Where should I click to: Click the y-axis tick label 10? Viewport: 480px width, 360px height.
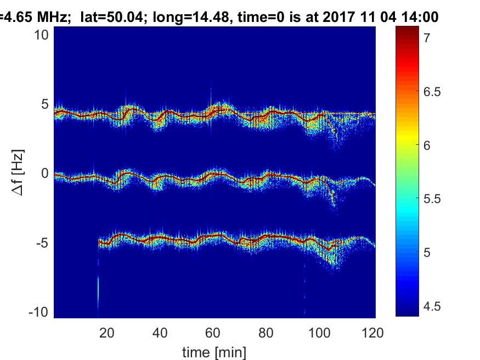(41, 35)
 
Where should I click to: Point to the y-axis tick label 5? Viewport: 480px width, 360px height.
(44, 104)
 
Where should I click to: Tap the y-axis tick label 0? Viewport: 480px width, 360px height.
(44, 173)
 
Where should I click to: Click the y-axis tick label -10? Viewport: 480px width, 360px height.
(38, 312)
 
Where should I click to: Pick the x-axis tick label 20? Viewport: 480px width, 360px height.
(107, 333)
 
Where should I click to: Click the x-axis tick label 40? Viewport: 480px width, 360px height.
(160, 333)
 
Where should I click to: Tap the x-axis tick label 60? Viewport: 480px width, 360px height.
(213, 333)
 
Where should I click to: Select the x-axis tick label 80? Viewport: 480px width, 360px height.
(266, 333)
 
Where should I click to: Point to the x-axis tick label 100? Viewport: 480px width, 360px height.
(319, 333)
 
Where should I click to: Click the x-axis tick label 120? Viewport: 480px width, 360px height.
(372, 333)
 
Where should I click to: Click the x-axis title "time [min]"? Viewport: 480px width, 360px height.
(214, 352)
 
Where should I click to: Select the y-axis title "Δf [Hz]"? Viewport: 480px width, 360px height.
(18, 173)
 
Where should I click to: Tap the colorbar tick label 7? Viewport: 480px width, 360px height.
(427, 38)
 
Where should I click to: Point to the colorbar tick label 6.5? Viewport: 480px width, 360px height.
(432, 92)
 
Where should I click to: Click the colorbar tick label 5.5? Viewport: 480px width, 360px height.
(432, 199)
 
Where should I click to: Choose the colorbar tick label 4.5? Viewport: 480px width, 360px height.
(432, 306)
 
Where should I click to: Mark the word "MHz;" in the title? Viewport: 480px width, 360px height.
(52, 17)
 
